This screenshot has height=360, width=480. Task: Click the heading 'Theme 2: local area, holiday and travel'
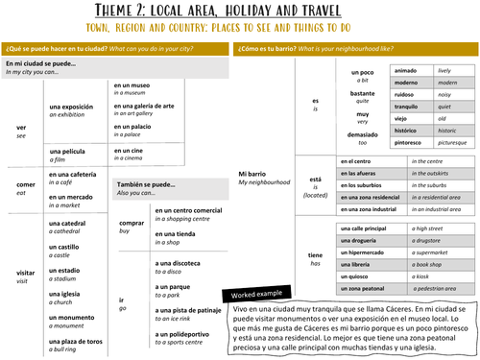tap(240, 10)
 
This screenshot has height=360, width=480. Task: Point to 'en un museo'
tap(132, 84)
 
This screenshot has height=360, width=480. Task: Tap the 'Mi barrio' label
tap(252, 174)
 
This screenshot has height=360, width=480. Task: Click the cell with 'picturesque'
tap(455, 140)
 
